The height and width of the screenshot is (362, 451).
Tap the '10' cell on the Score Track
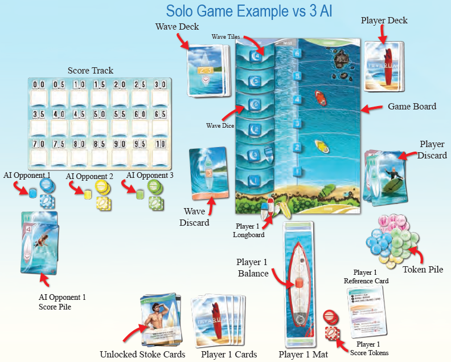[x=160, y=144]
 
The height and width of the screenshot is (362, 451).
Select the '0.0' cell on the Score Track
[x=39, y=85]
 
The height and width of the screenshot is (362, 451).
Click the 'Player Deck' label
[x=384, y=21]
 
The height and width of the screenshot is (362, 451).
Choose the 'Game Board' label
[x=412, y=107]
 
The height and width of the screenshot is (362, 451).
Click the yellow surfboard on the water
[x=322, y=147]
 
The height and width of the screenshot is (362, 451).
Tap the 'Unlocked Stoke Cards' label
[x=142, y=354]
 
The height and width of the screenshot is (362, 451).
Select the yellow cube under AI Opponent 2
[x=88, y=195]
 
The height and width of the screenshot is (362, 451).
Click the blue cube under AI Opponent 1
[x=32, y=193]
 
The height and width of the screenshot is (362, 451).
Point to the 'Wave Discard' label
[x=195, y=217]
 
